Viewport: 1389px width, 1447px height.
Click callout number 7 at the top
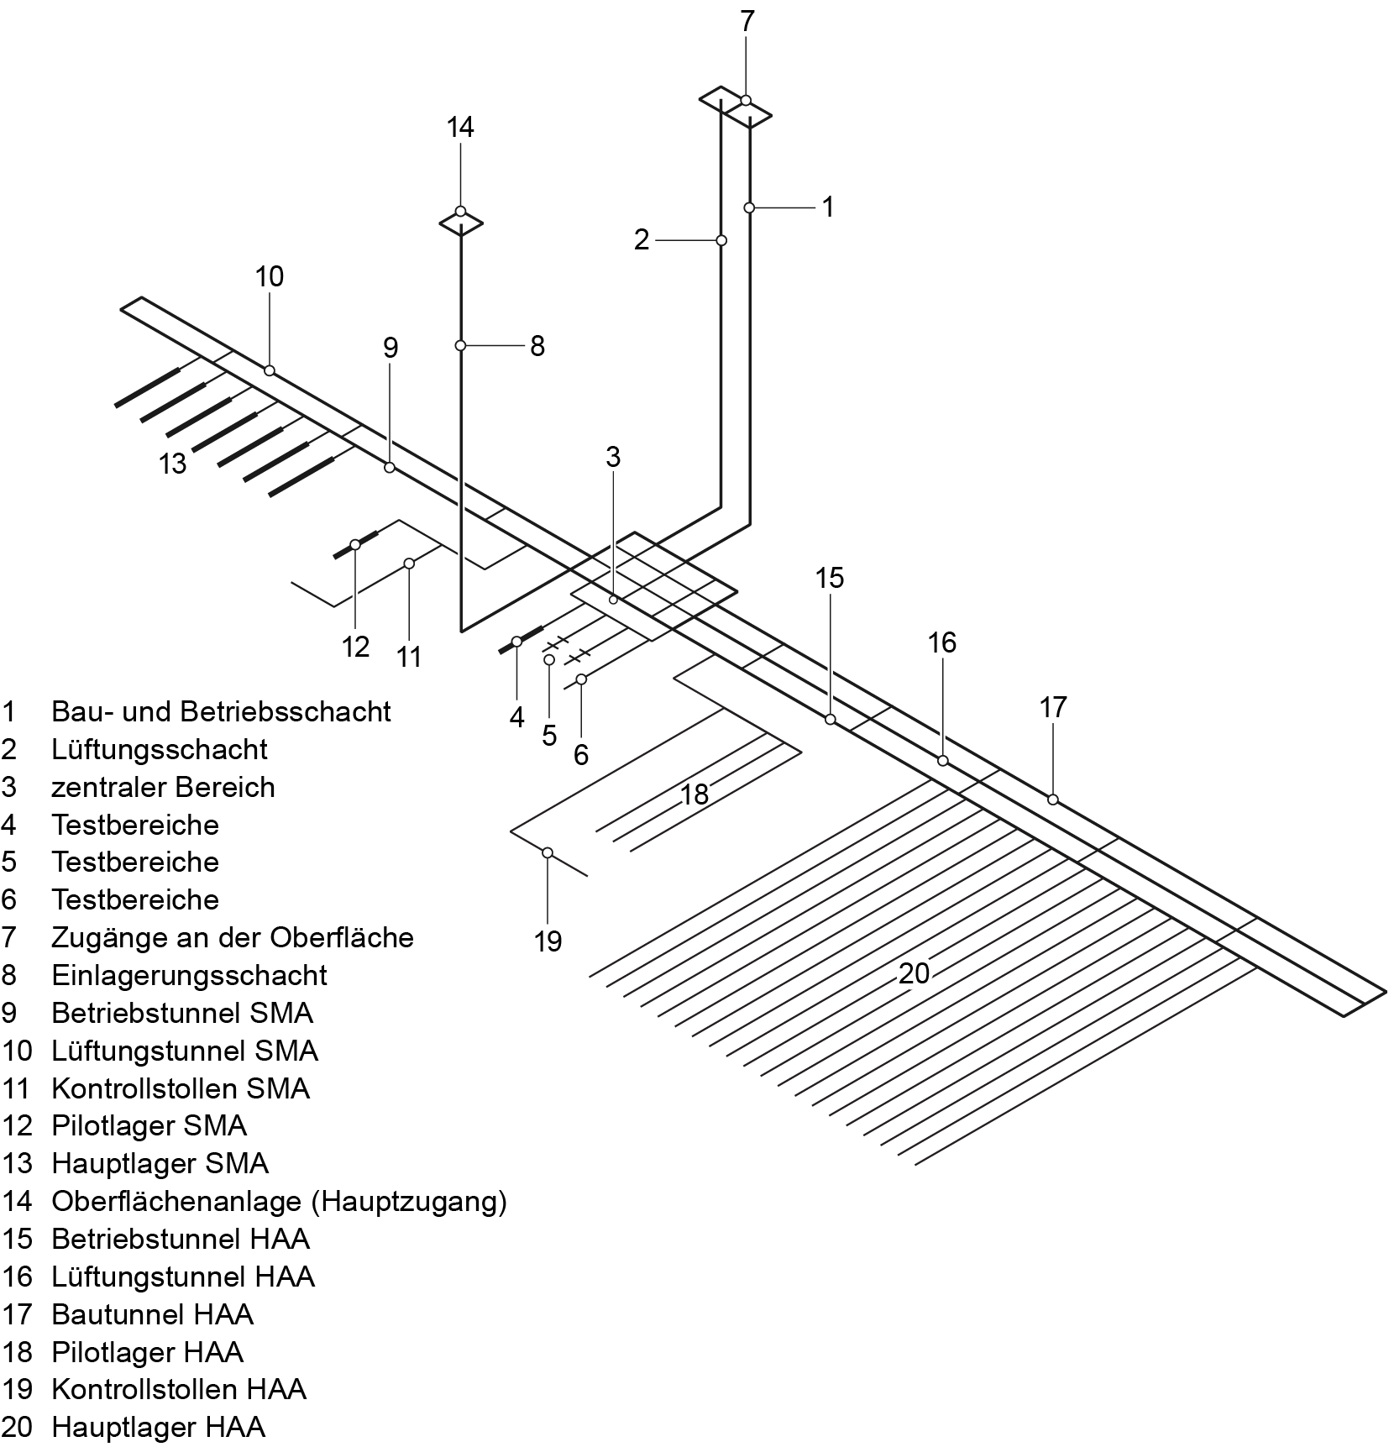pyautogui.click(x=747, y=22)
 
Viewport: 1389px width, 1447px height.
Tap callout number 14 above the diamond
pyautogui.click(x=460, y=127)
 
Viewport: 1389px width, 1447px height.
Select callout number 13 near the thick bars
pyautogui.click(x=173, y=463)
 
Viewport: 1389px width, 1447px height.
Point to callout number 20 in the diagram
pyautogui.click(x=914, y=973)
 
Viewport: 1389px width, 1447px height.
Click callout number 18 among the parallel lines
pyautogui.click(x=694, y=794)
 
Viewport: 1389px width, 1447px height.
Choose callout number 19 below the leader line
pyautogui.click(x=548, y=941)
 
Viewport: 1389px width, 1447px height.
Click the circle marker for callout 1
pyautogui.click(x=749, y=207)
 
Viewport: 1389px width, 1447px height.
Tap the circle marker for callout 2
pyautogui.click(x=721, y=240)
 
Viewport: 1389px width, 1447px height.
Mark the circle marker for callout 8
pyautogui.click(x=460, y=345)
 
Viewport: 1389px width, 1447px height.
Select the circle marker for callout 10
pyautogui.click(x=270, y=370)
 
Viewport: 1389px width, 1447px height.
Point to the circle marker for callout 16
pyautogui.click(x=942, y=760)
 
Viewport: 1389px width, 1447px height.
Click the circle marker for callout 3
pyautogui.click(x=613, y=599)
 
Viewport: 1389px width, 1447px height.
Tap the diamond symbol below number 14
pyautogui.click(x=461, y=223)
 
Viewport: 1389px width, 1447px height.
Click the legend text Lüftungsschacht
pyautogui.click(x=159, y=749)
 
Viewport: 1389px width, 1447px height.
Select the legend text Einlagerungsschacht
pyautogui.click(x=189, y=975)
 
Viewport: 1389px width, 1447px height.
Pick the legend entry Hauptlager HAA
pyautogui.click(x=158, y=1427)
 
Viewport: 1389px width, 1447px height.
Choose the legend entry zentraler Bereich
pyautogui.click(x=163, y=787)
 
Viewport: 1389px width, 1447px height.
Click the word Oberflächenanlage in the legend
pyautogui.click(x=177, y=1201)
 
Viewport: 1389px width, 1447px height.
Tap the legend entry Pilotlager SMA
pyautogui.click(x=149, y=1125)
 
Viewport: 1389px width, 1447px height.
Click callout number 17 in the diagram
pyautogui.click(x=1053, y=707)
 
